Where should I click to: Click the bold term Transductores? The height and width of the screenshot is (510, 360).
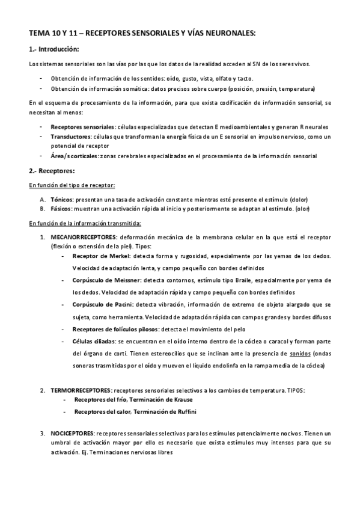[72, 137]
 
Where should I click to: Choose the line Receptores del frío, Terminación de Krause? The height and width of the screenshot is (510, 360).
[133, 399]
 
